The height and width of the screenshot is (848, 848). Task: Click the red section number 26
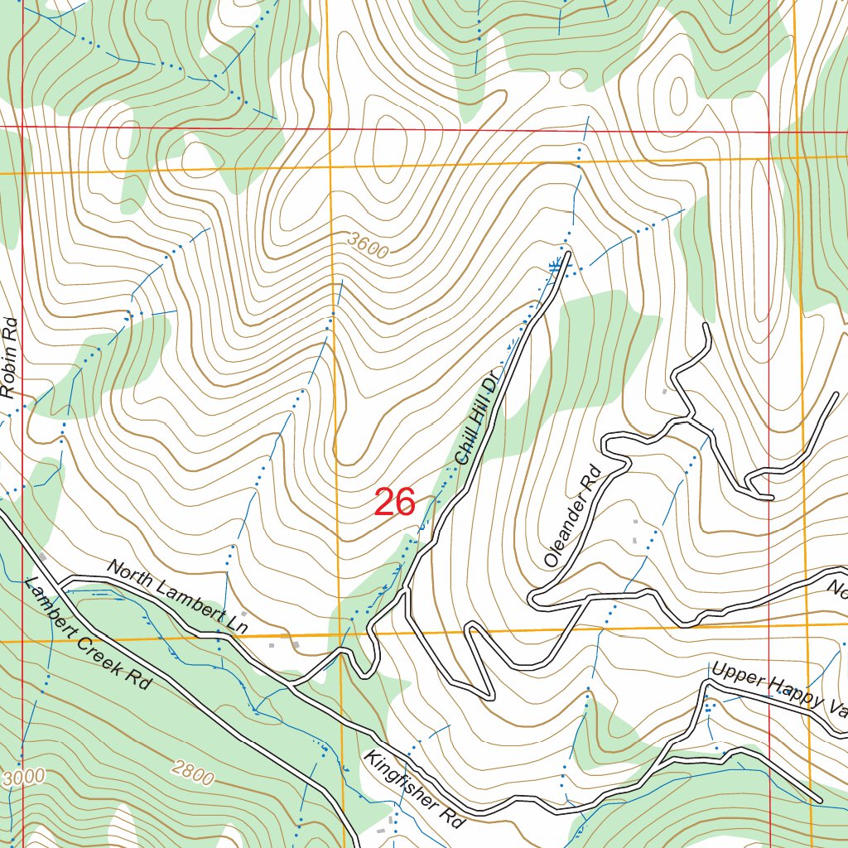pyautogui.click(x=394, y=503)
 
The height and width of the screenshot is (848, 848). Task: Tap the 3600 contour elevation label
pyautogui.click(x=368, y=246)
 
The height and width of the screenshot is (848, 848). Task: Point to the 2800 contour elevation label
pyautogui.click(x=193, y=772)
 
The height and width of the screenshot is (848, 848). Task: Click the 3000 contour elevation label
pyautogui.click(x=22, y=779)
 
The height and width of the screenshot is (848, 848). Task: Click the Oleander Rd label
pyautogui.click(x=571, y=516)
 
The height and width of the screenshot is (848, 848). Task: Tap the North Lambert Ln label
pyautogui.click(x=177, y=596)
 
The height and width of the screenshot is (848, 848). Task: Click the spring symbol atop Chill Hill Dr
pyautogui.click(x=556, y=265)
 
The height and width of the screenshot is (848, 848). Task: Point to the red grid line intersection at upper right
pyautogui.click(x=769, y=130)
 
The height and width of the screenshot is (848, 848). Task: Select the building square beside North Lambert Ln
pyautogui.click(x=295, y=643)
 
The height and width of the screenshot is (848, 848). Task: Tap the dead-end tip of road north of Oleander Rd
pyautogui.click(x=706, y=326)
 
